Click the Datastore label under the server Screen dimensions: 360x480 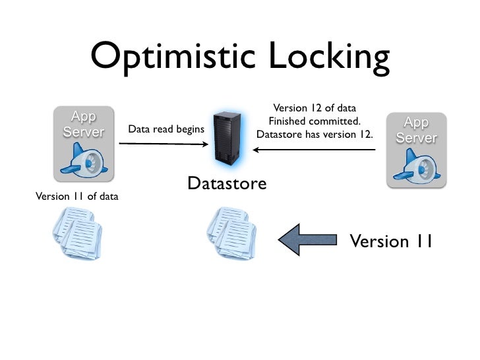pos(227,183)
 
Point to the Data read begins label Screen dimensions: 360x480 pos(165,129)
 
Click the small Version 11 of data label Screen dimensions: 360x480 pos(73,195)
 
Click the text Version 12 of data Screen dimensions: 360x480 pos(314,108)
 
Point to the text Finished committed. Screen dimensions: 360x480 pos(314,121)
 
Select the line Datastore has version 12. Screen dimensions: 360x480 pos(314,135)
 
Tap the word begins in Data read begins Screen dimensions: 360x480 pos(188,129)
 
